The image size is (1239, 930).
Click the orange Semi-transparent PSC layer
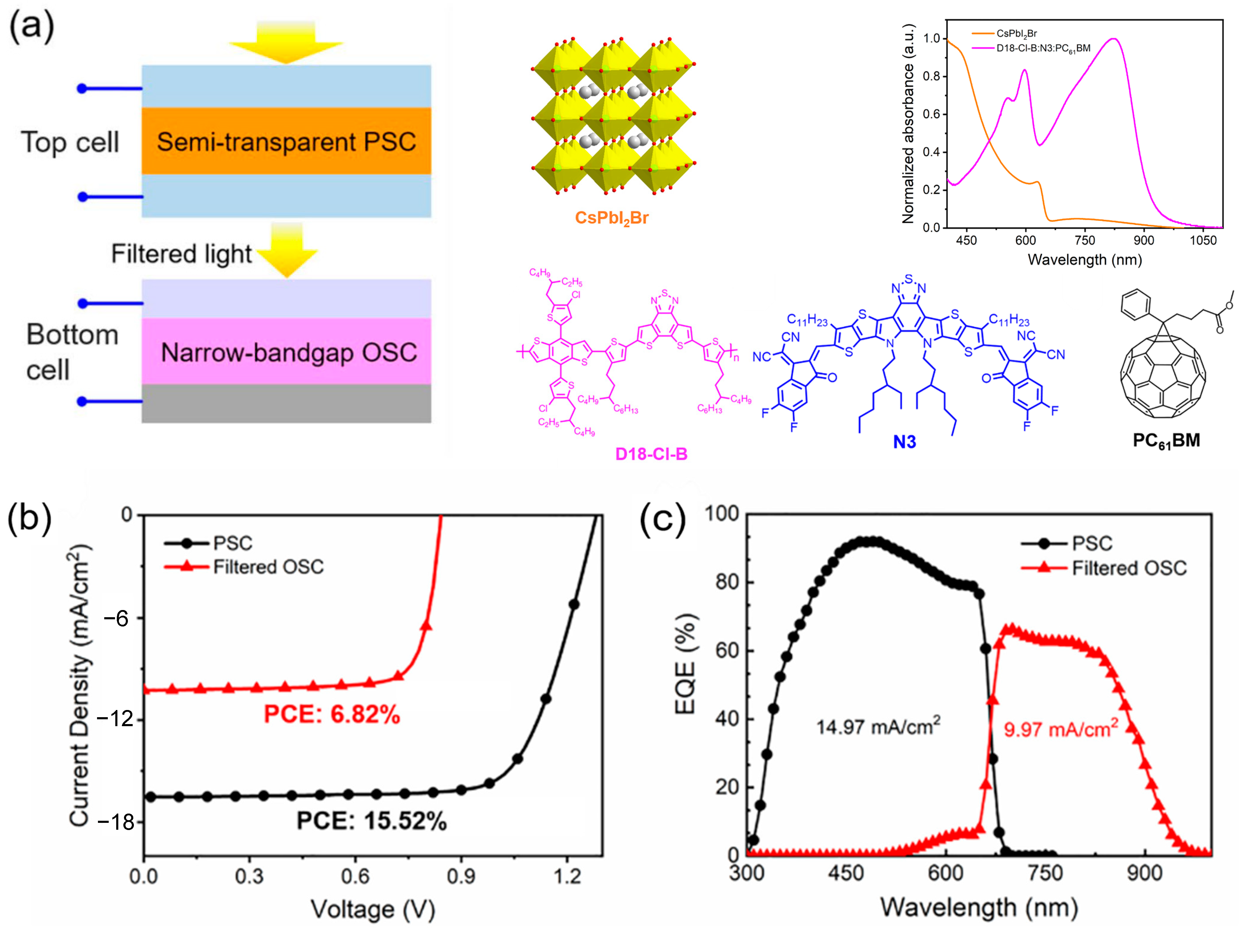(286, 141)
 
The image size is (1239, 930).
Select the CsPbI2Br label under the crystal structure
(612, 218)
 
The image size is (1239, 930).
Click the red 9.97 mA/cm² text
(1060, 729)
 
